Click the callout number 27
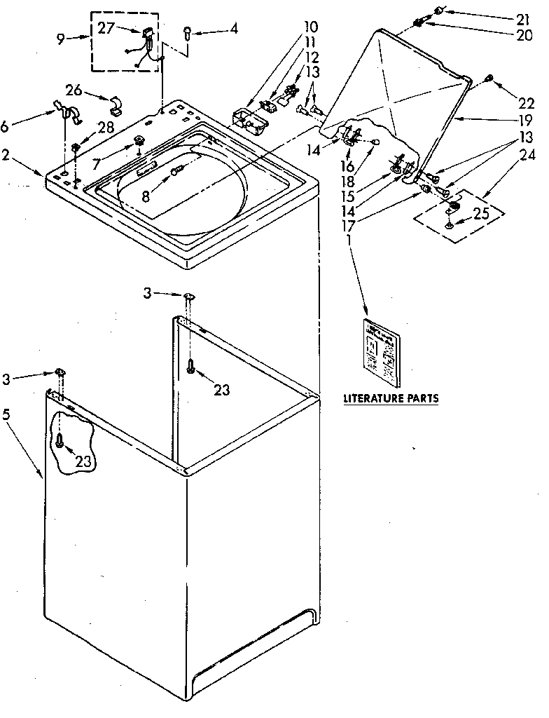[106, 29]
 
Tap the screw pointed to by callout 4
[188, 31]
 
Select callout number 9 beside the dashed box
[61, 39]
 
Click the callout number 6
[6, 126]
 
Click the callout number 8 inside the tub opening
[146, 196]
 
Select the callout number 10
[310, 27]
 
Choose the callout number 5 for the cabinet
[6, 414]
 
